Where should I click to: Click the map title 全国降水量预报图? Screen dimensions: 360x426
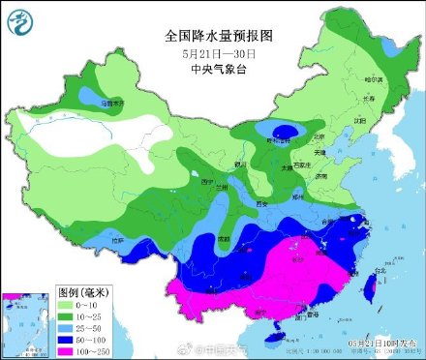click(220, 35)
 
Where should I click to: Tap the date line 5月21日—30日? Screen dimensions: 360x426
click(219, 53)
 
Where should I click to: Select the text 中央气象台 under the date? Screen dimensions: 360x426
click(219, 70)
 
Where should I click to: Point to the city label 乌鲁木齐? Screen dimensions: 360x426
click(114, 102)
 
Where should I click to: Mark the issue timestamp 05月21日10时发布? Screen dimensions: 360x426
click(383, 342)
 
